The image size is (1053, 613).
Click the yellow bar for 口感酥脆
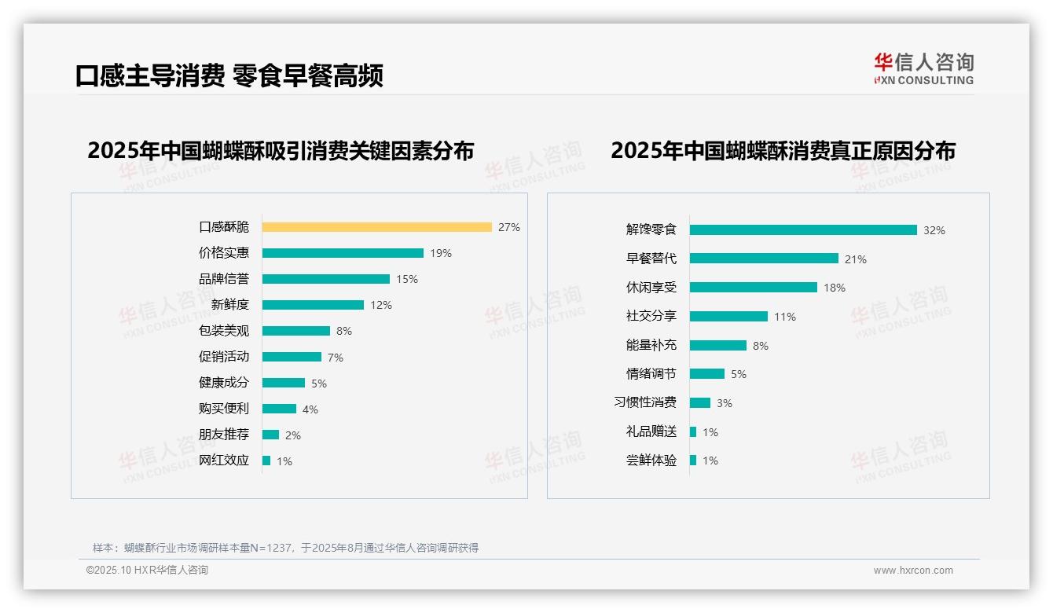pos(376,227)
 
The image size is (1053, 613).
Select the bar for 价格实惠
pos(343,253)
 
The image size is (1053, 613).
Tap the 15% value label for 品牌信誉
pos(407,279)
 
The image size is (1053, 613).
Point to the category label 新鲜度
pos(230,304)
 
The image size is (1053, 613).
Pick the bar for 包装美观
pos(296,331)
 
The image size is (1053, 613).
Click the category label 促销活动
pos(224,357)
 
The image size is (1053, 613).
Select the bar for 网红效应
pos(266,461)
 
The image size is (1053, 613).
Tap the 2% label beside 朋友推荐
pos(292,435)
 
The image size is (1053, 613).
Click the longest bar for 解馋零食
pos(803,230)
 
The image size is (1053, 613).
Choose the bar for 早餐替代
pos(764,259)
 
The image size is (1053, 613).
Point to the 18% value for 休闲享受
pos(835,288)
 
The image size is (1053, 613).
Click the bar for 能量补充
pos(718,345)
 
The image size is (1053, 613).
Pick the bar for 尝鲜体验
pos(693,461)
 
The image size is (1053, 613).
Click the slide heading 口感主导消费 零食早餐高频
pos(229,76)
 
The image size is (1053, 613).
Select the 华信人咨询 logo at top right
pos(923,69)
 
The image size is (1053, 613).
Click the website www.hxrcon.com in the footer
pos(913,571)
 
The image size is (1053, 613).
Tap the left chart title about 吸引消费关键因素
pos(281,150)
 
